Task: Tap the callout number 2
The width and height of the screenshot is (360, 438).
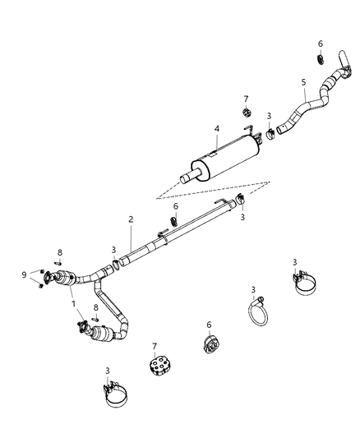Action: pos(129,219)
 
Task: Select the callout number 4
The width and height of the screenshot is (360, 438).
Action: pos(216,129)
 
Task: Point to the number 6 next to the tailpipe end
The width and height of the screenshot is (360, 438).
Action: pos(321,44)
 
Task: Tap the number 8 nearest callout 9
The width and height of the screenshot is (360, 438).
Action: pos(59,252)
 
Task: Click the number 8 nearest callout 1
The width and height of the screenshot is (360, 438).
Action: pos(96,307)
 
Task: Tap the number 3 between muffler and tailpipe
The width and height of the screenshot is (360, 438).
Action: pos(269,115)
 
